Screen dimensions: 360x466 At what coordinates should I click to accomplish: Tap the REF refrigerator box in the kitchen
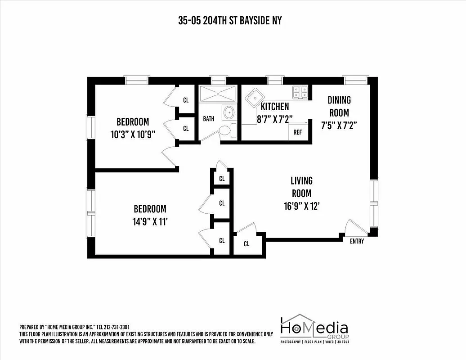[297, 131]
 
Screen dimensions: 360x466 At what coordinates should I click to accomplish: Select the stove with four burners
[300, 92]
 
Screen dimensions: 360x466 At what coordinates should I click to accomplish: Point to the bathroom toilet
[224, 130]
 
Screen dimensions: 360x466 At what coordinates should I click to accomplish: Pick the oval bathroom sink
[229, 111]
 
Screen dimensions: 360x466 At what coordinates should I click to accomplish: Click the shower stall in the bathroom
[218, 94]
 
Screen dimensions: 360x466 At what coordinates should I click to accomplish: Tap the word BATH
[208, 119]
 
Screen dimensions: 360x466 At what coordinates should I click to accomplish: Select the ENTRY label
[357, 242]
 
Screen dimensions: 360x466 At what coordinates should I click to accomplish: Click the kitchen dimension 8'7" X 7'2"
[274, 119]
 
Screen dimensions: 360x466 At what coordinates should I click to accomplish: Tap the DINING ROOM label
[339, 106]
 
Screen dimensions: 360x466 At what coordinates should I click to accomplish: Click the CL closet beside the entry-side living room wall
[246, 244]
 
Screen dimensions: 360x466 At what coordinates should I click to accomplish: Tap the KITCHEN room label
[275, 107]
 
